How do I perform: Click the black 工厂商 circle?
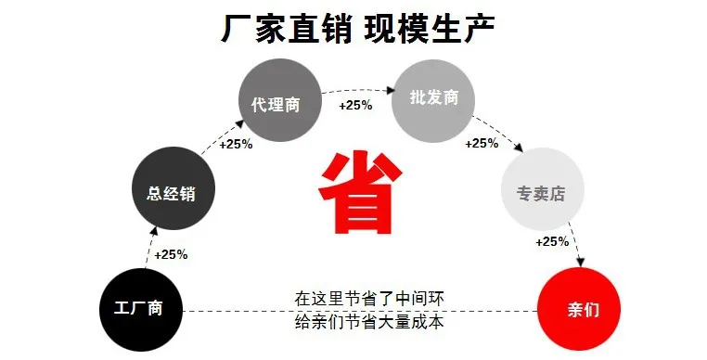tap(141, 310)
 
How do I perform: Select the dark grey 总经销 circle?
tap(174, 188)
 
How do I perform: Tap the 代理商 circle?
tap(280, 100)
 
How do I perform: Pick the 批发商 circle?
tap(434, 101)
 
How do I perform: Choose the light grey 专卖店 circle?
tap(543, 188)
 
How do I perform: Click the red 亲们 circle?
tap(579, 309)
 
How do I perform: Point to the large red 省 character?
tap(360, 193)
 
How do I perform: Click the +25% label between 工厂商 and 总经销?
tap(171, 255)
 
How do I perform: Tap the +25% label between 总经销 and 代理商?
tap(236, 145)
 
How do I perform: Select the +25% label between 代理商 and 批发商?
tap(355, 106)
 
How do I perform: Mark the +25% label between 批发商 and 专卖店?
tap(482, 144)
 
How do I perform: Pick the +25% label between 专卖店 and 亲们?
tap(552, 242)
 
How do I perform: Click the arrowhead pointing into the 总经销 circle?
tap(154, 231)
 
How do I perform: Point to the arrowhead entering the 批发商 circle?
tap(391, 90)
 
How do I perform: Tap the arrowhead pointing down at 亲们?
tap(580, 262)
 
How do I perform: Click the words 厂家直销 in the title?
tap(286, 30)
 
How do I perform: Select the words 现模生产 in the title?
tap(430, 30)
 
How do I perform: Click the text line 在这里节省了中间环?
tap(369, 299)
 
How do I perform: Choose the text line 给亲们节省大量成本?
tap(369, 322)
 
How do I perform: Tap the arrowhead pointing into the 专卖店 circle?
tap(518, 148)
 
